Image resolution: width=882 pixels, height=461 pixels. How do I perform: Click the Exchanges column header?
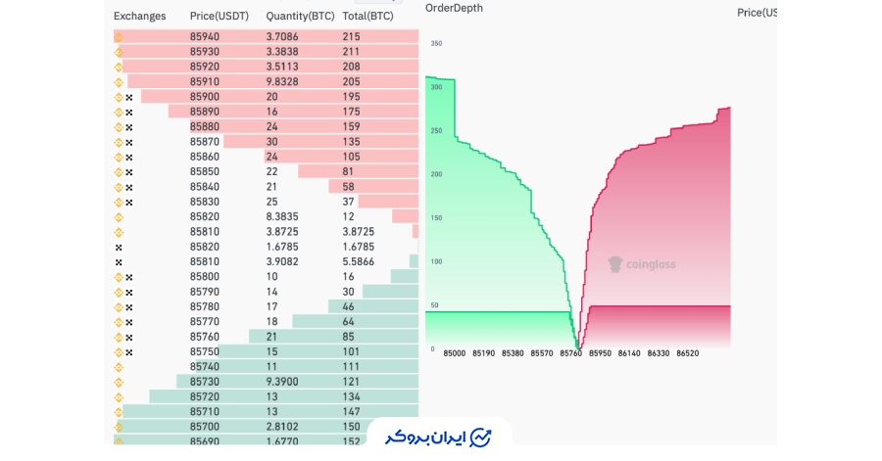click(139, 16)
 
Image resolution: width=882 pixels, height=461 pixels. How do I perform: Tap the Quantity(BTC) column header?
click(300, 16)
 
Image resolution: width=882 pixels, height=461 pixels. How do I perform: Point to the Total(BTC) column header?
click(368, 16)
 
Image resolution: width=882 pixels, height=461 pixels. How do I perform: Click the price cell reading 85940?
click(205, 36)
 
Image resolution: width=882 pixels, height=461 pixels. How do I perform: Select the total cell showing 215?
click(351, 36)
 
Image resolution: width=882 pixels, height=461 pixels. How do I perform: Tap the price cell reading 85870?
click(205, 142)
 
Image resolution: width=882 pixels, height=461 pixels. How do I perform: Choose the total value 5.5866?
click(359, 262)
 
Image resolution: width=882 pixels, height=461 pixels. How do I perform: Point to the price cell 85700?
click(205, 427)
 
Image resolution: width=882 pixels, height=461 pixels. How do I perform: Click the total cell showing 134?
click(351, 397)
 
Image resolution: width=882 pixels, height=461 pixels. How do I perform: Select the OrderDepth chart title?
click(454, 8)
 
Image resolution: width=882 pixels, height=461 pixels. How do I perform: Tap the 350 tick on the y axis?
click(436, 44)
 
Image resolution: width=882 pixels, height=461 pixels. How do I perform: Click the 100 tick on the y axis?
click(436, 261)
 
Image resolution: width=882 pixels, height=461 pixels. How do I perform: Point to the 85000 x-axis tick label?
click(455, 353)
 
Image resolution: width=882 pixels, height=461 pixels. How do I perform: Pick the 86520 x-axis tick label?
click(687, 353)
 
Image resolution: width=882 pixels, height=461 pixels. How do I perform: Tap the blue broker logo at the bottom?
click(439, 437)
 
